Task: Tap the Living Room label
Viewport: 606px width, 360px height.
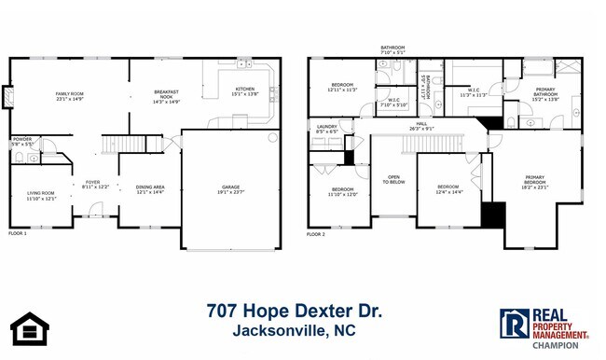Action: click(x=41, y=195)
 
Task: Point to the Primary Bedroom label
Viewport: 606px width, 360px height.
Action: click(x=534, y=179)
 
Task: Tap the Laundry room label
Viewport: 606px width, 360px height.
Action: click(x=326, y=129)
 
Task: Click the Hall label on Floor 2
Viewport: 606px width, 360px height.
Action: click(x=421, y=125)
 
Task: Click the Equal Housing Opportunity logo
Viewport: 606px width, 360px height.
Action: click(x=29, y=328)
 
